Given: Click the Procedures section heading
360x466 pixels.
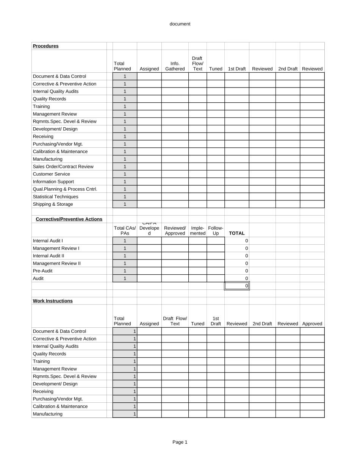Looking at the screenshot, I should [x=45, y=46].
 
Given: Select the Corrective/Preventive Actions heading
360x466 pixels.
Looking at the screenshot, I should [x=69, y=219].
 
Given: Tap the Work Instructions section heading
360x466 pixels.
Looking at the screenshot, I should [x=53, y=301].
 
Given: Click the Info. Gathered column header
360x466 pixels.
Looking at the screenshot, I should [x=175, y=66].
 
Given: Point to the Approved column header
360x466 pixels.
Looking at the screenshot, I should [x=312, y=324].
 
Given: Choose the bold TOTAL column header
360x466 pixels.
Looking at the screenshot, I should [x=237, y=233].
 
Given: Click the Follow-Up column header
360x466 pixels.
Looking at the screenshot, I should [x=216, y=231].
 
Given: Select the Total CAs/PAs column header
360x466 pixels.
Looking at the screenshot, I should [x=125, y=231].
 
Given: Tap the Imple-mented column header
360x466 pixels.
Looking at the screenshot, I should [x=197, y=231].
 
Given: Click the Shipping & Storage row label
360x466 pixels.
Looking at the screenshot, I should [x=53, y=205].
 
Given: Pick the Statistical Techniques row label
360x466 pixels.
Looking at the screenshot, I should [x=55, y=197].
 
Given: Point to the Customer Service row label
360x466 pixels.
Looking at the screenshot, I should [x=51, y=174].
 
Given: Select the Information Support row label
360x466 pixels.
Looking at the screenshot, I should [x=53, y=182].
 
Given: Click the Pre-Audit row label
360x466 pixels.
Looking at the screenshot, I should [x=42, y=271].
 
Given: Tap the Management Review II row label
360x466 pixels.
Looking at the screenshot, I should [x=56, y=264].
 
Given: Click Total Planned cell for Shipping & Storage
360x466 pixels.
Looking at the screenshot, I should [x=125, y=205].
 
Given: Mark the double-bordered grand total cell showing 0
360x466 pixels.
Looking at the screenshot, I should [x=237, y=286].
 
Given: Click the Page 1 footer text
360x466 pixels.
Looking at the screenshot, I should [x=180, y=442].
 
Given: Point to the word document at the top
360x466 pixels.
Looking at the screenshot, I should [x=180, y=24].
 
